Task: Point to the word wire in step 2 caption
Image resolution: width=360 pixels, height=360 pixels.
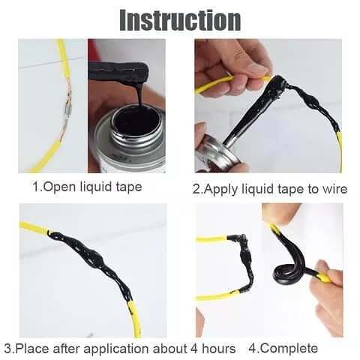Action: tap(333, 188)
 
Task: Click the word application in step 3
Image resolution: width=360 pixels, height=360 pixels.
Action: tap(105, 349)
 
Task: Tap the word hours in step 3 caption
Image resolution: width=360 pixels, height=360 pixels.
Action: tap(218, 349)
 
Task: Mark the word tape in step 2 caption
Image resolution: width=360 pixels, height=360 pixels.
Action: tap(301, 188)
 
